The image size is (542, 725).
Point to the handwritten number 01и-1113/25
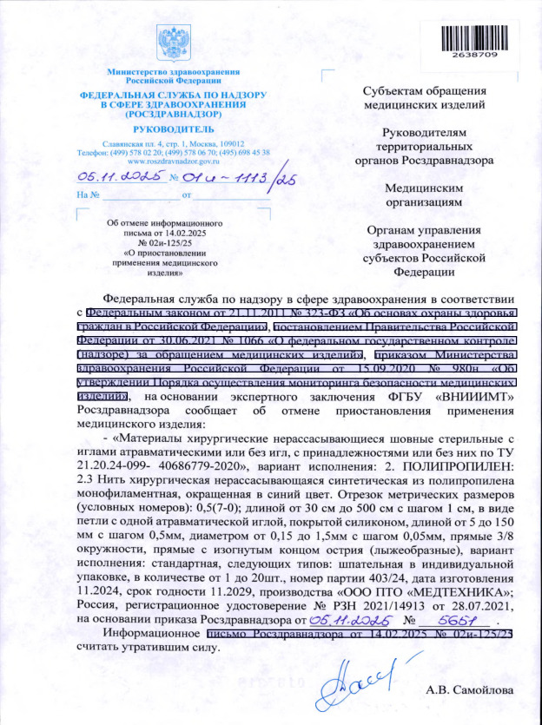(229, 177)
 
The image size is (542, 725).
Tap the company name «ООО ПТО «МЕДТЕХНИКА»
(440, 592)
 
